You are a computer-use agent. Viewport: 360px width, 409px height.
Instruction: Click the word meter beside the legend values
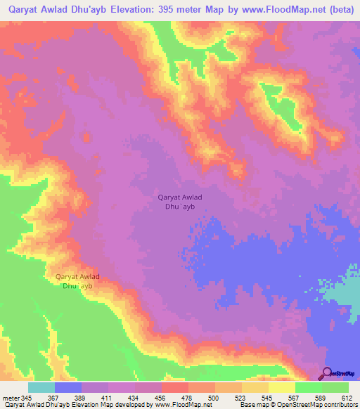11,398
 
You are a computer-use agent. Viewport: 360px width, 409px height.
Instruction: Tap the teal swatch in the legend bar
41,387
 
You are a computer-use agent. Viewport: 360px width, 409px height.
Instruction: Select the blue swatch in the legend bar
68,387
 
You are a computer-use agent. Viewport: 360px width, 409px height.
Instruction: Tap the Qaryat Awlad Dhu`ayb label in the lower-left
77,281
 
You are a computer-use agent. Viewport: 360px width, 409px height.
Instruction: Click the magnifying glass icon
326,373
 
